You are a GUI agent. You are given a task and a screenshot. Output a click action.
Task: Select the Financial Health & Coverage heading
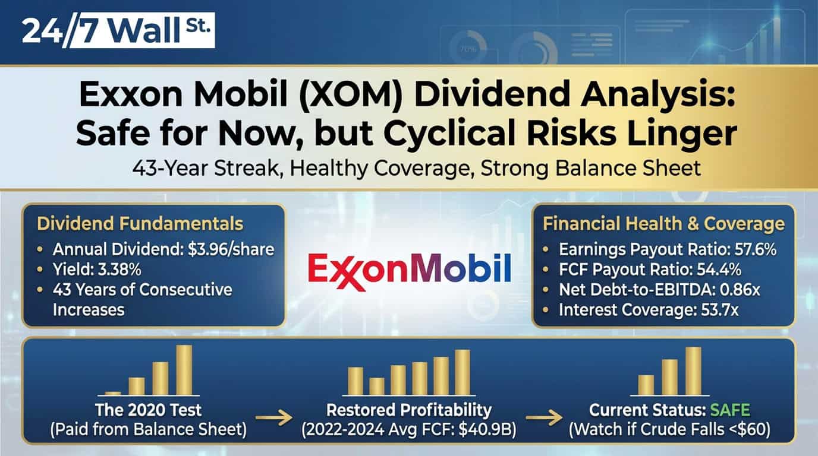[663, 224]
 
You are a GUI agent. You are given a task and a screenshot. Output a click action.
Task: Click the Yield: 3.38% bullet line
[97, 270]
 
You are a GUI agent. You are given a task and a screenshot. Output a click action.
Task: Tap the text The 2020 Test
[149, 410]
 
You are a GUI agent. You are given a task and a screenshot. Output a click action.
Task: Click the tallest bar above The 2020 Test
[184, 369]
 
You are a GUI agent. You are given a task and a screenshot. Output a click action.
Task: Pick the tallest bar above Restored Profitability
[463, 372]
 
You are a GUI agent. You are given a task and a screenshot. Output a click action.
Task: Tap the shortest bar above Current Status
[646, 385]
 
